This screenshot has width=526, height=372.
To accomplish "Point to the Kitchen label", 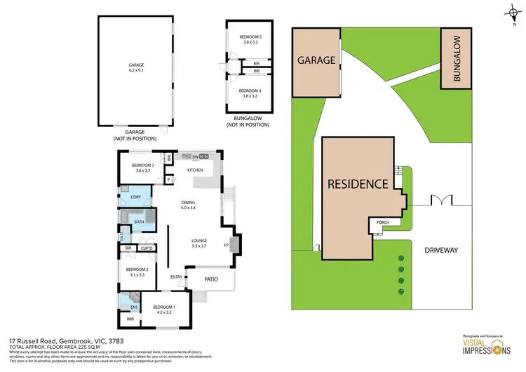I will click(x=194, y=170).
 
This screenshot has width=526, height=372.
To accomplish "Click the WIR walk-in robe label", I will click(x=130, y=319).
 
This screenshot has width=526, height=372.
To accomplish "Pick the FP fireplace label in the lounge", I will click(x=226, y=245).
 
